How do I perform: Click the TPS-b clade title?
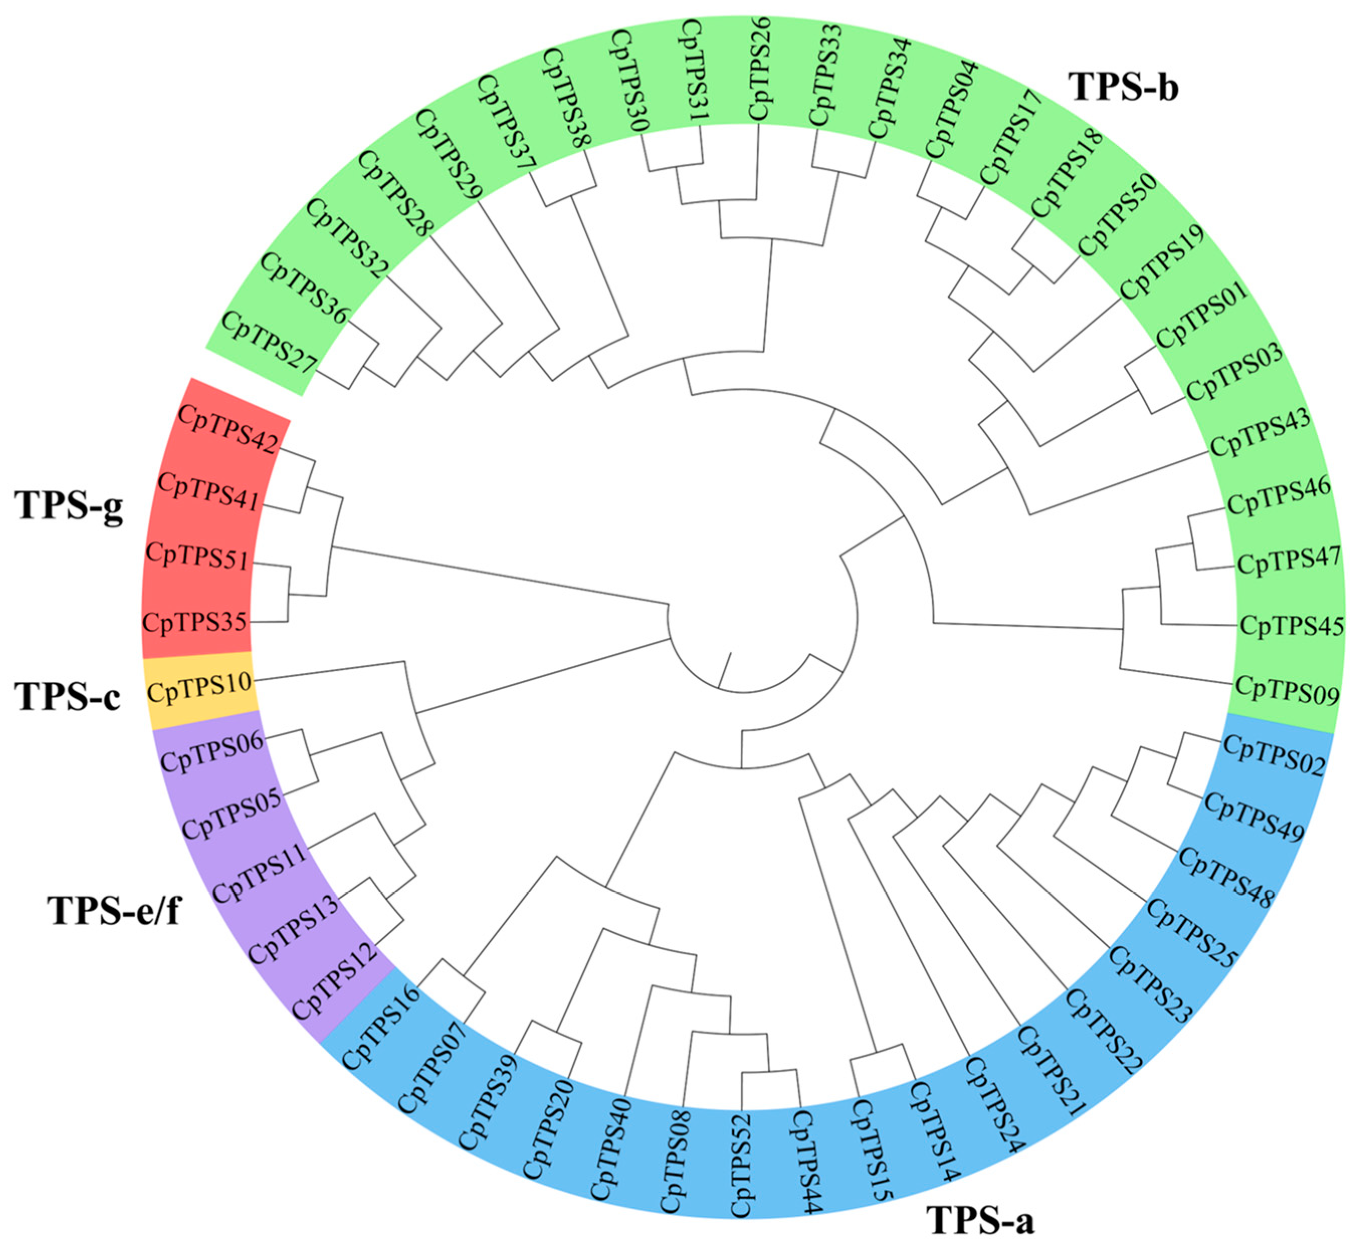pyautogui.click(x=1124, y=88)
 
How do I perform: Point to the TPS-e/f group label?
pyautogui.click(x=114, y=910)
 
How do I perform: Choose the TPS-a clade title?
pyautogui.click(x=980, y=1219)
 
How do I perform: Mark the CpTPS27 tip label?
pyautogui.click(x=268, y=342)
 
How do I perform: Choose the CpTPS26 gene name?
pyautogui.click(x=760, y=69)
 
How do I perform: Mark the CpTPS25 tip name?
pyautogui.click(x=1193, y=934)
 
